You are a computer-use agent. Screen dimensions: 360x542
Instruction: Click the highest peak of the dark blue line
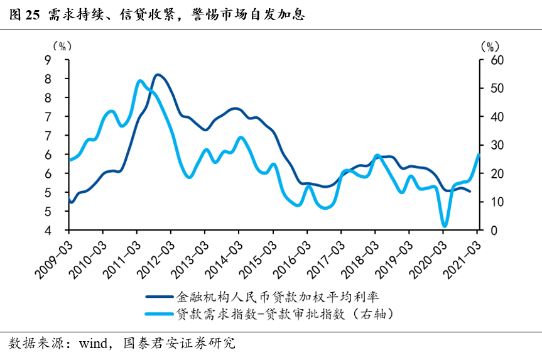tap(158, 75)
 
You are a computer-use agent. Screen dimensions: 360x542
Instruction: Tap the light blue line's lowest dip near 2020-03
tap(445, 226)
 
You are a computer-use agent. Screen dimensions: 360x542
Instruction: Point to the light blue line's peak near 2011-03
tap(139, 81)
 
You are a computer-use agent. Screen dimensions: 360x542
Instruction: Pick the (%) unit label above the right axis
tap(489, 46)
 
